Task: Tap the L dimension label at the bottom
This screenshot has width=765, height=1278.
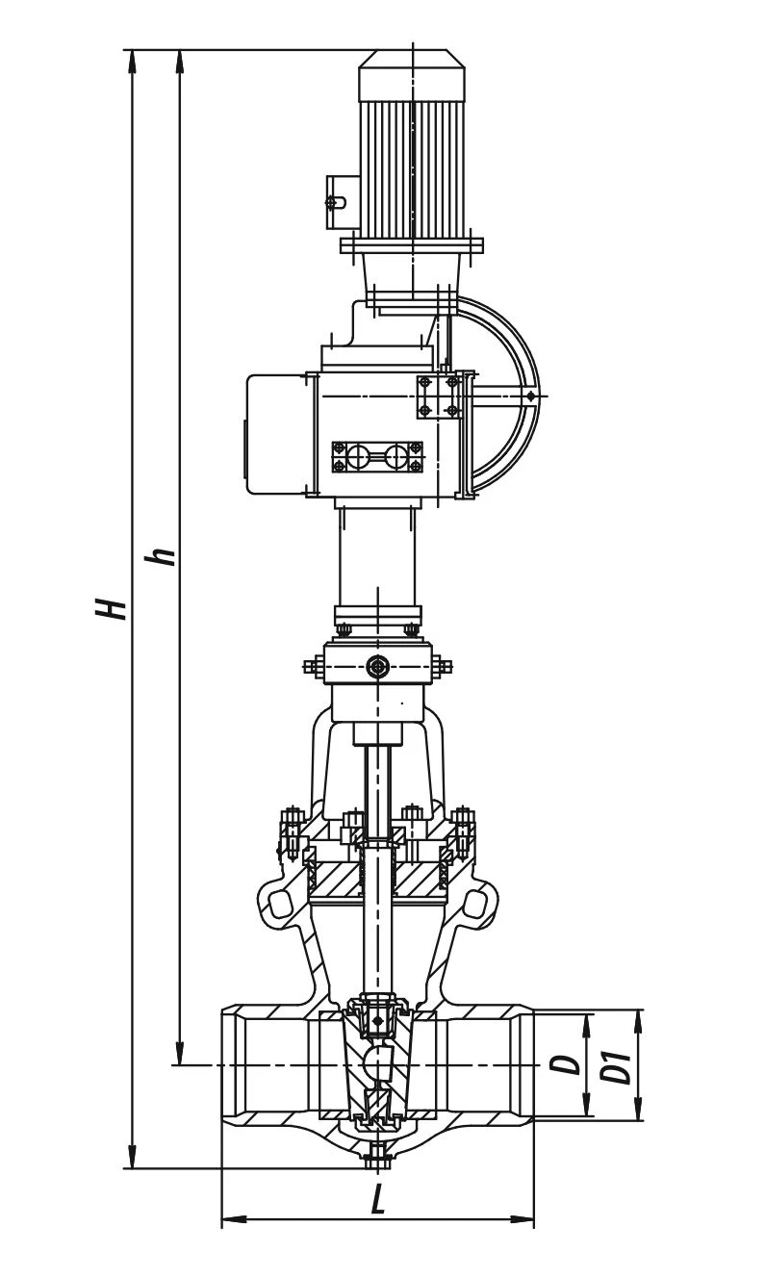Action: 378,1199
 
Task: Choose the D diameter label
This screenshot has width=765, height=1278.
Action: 571,1064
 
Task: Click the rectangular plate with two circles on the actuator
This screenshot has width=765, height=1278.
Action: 377,456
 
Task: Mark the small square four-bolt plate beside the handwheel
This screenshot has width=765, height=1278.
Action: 438,396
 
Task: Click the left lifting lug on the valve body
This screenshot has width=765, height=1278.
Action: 280,904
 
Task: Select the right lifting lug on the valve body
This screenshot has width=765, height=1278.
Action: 475,904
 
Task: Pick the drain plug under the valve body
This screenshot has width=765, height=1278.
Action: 378,1156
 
